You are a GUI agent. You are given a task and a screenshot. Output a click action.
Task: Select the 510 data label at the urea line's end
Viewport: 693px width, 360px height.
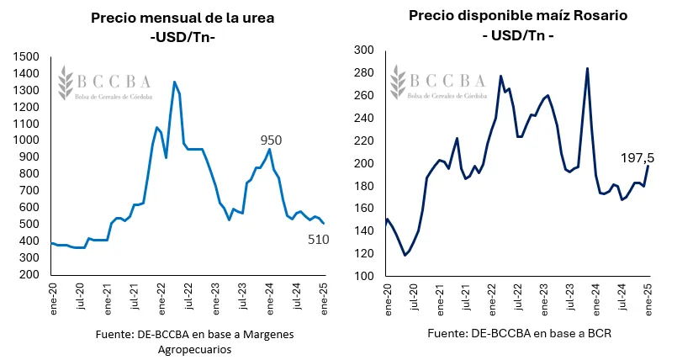click(317, 240)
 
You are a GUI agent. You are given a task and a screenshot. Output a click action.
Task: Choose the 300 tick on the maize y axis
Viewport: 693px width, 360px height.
click(363, 50)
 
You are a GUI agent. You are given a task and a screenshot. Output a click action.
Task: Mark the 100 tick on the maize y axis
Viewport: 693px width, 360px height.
click(363, 276)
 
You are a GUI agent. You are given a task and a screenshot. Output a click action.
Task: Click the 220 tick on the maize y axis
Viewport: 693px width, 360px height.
click(363, 140)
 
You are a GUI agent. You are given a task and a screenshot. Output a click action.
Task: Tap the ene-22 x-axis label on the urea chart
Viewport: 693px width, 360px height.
click(161, 295)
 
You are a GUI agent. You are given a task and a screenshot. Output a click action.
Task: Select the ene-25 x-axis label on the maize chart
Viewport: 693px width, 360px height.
click(648, 299)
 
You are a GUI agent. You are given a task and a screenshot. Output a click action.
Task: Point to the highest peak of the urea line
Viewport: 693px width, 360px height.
click(174, 82)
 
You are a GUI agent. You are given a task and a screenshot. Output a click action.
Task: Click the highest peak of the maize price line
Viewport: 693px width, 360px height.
click(587, 68)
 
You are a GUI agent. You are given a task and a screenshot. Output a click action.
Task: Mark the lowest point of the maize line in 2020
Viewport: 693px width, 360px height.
click(405, 255)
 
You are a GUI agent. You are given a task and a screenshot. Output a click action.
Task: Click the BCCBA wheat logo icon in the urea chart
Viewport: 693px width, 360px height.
click(65, 84)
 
